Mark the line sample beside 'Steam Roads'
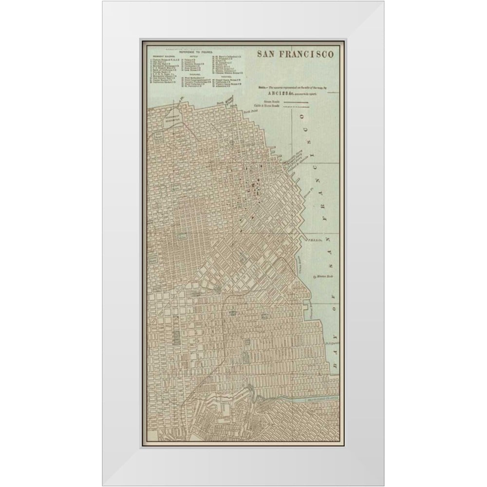click(295, 103)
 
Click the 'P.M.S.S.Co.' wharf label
click(311, 240)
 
